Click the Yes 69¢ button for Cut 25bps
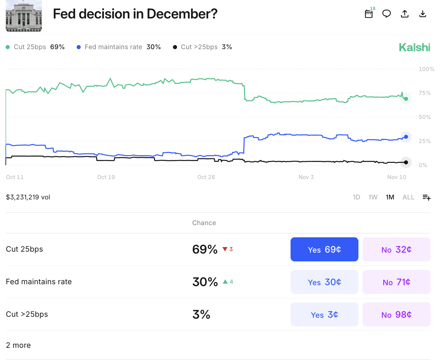coord(324,249)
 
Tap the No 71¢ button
coord(396,282)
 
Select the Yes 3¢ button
coord(324,315)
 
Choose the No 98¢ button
coord(396,315)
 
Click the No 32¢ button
coord(396,249)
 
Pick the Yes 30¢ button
coord(324,282)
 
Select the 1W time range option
coord(373,197)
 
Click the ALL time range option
coord(408,197)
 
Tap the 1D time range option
coord(357,197)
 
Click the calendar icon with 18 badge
coord(369,14)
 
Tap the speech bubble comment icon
coord(387,14)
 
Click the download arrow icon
coord(423,14)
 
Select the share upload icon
coord(405,14)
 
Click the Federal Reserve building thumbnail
coord(24,16)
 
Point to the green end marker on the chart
coord(406,99)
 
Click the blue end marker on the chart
coord(406,137)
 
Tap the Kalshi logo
coord(414,48)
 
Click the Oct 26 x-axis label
coord(206,177)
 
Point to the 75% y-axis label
coord(425,93)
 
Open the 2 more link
coord(18,345)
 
